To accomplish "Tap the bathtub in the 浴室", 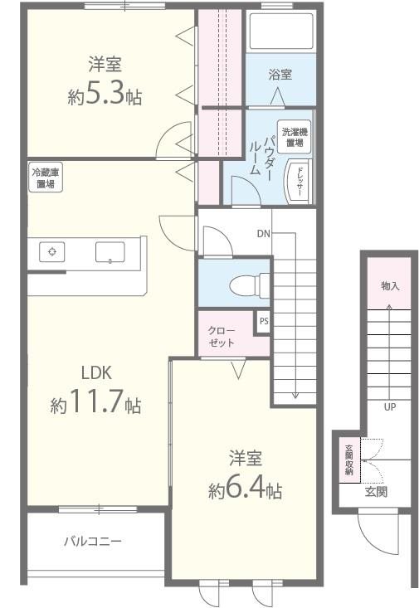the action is pos(281,31).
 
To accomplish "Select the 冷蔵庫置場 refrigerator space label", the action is pos(46,178).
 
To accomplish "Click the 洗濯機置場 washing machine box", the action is pos(295,137).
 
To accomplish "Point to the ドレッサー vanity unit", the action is pos(299,181).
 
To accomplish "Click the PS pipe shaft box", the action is pos(263,322).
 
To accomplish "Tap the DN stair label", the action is pos(263,233).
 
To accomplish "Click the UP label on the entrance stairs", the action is pos(389,406).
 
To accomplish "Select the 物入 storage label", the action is pos(390,286).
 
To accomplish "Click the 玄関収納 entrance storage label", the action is pos(349,460).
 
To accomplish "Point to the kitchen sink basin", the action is pos(110,252).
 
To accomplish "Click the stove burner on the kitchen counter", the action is pos(52,251).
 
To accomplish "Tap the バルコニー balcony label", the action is pos(93,541).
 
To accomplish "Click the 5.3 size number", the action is pos(105,95).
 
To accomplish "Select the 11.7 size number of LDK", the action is pos(96,401).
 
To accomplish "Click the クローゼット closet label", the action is pos(222,337).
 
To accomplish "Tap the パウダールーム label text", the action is pos(262,155).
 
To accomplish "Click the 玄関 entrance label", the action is pos(376,492).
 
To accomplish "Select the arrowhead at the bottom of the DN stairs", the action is pos(295,396).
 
